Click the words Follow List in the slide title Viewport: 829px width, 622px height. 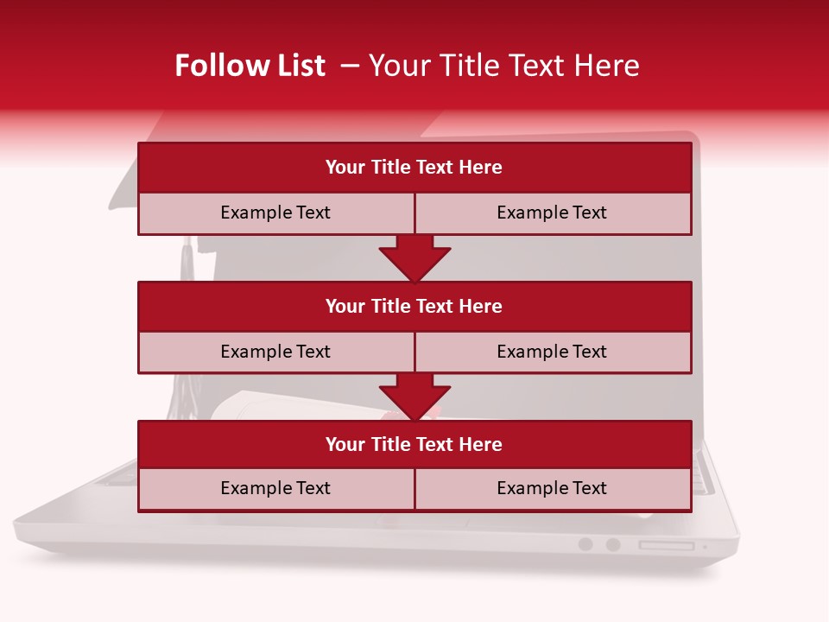(250, 66)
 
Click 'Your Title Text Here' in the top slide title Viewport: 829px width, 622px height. (503, 66)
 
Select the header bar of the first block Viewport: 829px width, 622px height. (414, 168)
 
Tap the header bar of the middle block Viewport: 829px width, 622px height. (414, 306)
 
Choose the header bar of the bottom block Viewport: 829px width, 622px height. (414, 444)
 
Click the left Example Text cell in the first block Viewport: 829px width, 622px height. (275, 213)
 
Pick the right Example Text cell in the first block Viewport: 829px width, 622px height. (552, 213)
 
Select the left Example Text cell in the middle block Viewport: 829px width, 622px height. (275, 352)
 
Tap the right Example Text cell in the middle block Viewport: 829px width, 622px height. (552, 352)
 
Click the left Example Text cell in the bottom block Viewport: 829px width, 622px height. (275, 488)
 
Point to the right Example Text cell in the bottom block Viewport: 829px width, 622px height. (552, 488)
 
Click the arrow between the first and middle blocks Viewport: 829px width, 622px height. (414, 257)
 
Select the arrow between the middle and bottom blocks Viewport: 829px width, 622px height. (414, 397)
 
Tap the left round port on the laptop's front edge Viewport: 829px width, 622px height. (585, 544)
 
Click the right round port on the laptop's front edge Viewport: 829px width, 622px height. (613, 544)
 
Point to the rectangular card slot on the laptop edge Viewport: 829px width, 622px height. (666, 545)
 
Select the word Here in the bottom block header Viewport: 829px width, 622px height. (480, 444)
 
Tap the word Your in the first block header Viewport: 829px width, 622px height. (345, 168)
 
